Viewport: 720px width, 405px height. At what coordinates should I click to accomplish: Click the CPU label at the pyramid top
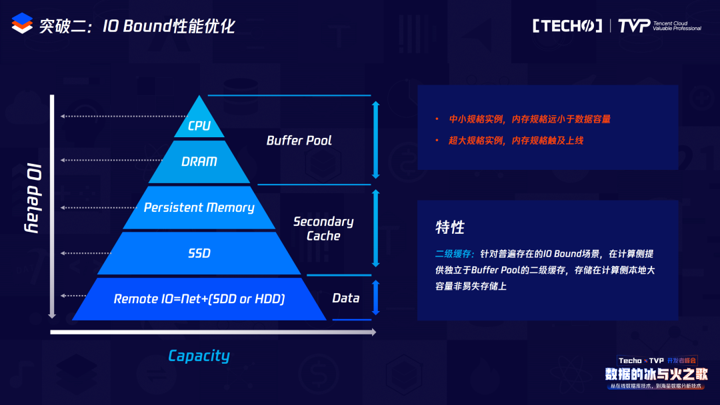[x=199, y=126]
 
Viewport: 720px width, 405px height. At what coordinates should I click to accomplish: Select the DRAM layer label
[x=199, y=161]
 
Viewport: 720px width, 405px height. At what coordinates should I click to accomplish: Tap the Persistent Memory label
[x=199, y=208]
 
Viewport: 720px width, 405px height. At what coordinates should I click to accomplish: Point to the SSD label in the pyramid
[x=199, y=253]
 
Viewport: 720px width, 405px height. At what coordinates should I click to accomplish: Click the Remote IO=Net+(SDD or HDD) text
[x=199, y=299]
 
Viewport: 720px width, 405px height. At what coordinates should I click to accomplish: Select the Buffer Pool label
[x=299, y=141]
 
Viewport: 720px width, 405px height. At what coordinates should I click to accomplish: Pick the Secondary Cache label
[x=323, y=228]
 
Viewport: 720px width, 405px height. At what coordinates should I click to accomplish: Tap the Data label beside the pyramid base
[x=346, y=298]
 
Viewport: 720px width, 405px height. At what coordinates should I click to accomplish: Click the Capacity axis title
[x=199, y=356]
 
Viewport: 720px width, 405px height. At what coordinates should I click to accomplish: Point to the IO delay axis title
[x=33, y=198]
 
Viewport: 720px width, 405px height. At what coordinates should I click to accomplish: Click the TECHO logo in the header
[x=567, y=26]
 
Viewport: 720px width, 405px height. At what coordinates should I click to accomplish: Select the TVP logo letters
[x=634, y=26]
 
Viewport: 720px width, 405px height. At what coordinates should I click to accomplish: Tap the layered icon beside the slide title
[x=22, y=23]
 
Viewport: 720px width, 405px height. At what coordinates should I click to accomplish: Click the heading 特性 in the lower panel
[x=450, y=227]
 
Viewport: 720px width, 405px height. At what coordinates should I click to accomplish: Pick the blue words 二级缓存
[x=453, y=254]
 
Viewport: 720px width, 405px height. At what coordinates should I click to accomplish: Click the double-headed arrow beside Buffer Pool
[x=375, y=140]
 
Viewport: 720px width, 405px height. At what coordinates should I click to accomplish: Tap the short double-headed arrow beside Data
[x=375, y=298]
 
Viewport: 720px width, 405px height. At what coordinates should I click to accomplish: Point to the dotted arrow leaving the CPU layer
[x=124, y=117]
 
